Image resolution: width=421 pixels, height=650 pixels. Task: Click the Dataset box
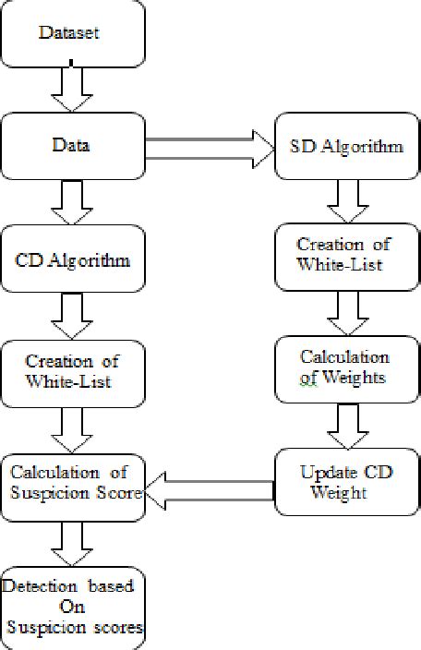(72, 34)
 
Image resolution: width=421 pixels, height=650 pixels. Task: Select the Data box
(72, 145)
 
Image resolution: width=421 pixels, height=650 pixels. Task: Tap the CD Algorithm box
(72, 258)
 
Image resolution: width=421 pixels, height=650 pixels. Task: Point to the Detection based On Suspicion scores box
(72, 606)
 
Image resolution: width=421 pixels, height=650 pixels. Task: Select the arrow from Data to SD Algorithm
(210, 145)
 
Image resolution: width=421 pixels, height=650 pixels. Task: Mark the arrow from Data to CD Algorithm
(72, 200)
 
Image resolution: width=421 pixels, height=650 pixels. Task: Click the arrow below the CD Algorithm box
(72, 315)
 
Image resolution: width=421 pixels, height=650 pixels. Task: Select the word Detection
(37, 586)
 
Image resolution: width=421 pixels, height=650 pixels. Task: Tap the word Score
(118, 493)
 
